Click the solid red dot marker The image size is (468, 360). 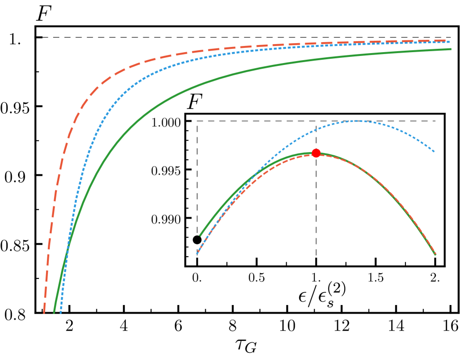click(316, 153)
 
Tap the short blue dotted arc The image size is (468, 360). click(356, 121)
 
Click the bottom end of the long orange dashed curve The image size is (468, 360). click(44, 313)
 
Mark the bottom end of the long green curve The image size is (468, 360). click(54, 313)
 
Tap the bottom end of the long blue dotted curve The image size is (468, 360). click(61, 313)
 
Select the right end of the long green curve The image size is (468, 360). click(451, 49)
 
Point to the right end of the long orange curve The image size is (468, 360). click(449, 41)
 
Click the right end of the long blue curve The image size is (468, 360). click(449, 42)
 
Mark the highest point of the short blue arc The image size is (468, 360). click(356, 121)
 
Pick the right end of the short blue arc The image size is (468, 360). click(434, 152)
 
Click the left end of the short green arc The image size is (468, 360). click(200, 235)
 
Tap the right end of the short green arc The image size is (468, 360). click(435, 255)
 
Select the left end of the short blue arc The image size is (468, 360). click(197, 253)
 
